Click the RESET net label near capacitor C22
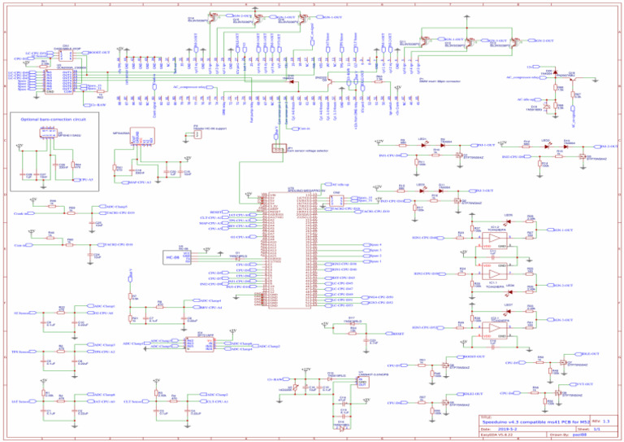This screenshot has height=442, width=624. click(x=398, y=334)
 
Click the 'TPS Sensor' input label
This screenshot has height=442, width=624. click(x=20, y=352)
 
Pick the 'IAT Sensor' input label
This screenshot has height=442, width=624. click(x=20, y=401)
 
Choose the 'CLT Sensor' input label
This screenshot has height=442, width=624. click(x=134, y=401)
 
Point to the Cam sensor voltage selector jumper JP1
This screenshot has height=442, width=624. click(x=278, y=150)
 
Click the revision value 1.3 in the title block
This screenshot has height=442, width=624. click(x=606, y=421)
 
